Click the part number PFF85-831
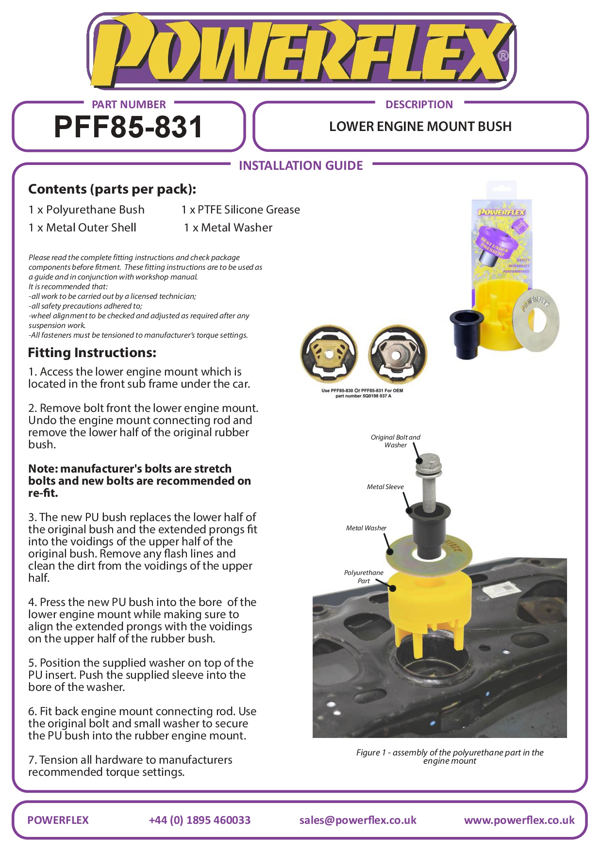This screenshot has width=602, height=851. (128, 127)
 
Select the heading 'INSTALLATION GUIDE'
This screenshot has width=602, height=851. (301, 166)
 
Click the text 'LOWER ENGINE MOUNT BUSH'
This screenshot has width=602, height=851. (420, 127)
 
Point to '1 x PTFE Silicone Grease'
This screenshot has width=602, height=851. (241, 210)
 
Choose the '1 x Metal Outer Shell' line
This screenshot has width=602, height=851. (82, 228)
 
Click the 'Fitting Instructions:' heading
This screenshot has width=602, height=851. (92, 353)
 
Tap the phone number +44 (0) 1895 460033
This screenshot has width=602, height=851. (200, 820)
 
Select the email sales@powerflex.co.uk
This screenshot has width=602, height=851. (358, 820)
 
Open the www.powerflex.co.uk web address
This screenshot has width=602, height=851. (519, 820)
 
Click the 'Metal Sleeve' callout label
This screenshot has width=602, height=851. (385, 487)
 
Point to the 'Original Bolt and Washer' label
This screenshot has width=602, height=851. (395, 441)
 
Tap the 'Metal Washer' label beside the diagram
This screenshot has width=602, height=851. (366, 528)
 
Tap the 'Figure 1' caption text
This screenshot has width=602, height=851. (450, 756)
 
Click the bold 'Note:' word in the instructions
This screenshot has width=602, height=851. (43, 469)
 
